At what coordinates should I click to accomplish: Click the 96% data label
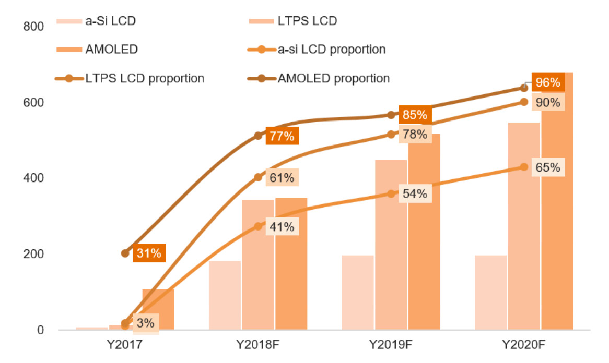click(x=548, y=82)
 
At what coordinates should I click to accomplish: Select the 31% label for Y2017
click(x=148, y=253)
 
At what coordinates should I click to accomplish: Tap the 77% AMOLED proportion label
click(x=283, y=137)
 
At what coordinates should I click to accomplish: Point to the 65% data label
click(x=548, y=167)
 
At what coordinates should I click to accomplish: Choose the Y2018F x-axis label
click(x=257, y=345)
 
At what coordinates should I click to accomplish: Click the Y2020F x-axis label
click(x=524, y=345)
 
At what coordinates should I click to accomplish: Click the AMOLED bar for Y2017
click(x=158, y=309)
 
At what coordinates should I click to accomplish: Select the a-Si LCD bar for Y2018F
click(x=225, y=295)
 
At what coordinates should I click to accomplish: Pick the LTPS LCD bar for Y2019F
click(x=391, y=245)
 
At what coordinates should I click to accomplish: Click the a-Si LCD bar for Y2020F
click(x=490, y=293)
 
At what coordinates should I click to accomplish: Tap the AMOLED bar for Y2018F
click(x=291, y=264)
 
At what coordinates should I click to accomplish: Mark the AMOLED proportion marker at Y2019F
click(x=391, y=115)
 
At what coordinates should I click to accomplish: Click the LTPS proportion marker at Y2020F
click(x=524, y=102)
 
